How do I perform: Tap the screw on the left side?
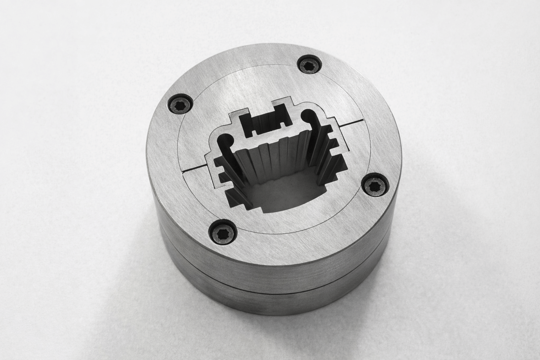click(181, 105)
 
